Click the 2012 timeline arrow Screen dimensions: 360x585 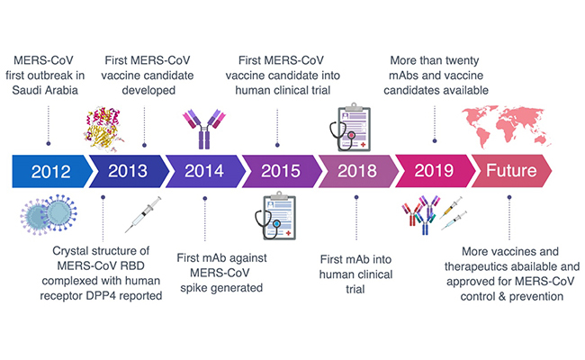pyautogui.click(x=49, y=170)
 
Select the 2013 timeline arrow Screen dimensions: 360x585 pyautogui.click(x=126, y=170)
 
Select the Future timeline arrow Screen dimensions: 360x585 pyautogui.click(x=510, y=170)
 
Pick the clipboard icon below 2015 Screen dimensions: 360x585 pyautogui.click(x=281, y=217)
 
